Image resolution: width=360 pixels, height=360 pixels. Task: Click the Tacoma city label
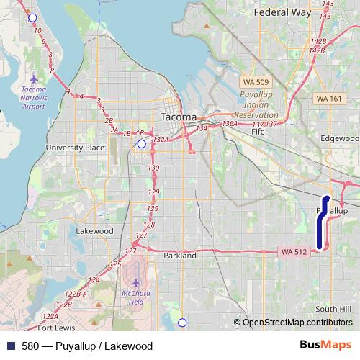[176, 117]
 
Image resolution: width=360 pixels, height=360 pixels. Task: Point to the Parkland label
[179, 255]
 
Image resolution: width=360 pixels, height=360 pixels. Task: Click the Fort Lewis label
[55, 328]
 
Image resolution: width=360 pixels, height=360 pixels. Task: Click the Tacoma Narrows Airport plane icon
[34, 77]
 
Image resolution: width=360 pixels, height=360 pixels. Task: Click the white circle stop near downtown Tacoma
[141, 144]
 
